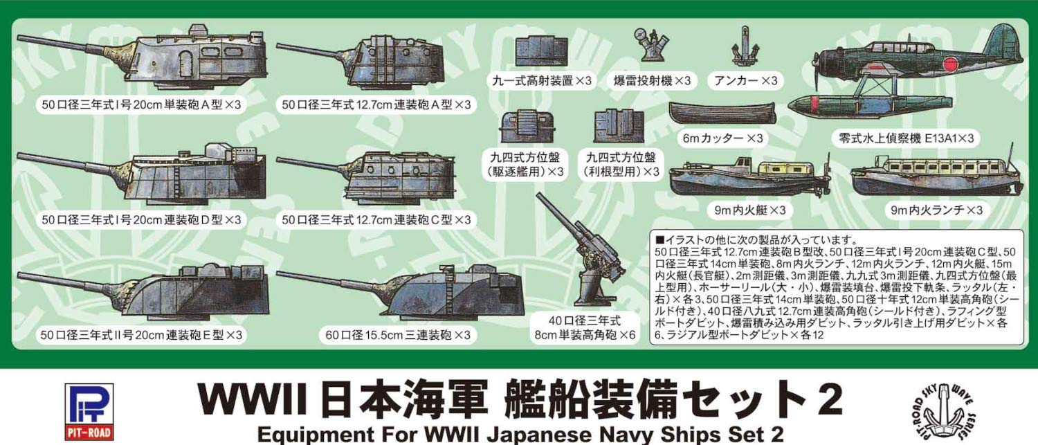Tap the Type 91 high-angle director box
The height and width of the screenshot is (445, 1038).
542,50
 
